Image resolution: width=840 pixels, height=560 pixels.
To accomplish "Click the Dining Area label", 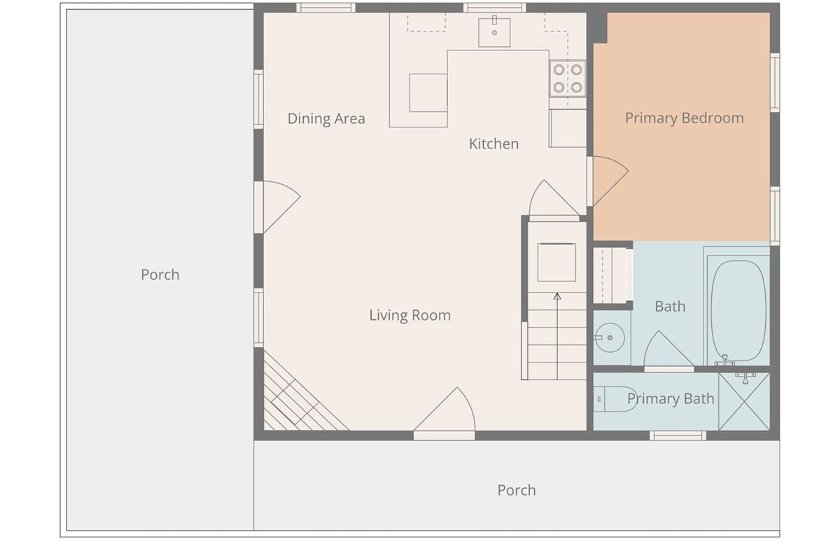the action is click(x=326, y=118).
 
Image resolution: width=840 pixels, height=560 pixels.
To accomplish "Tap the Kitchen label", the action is click(x=494, y=143).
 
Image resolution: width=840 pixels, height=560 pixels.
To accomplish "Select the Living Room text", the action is click(x=410, y=315).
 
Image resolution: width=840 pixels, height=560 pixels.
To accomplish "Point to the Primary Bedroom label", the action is click(x=685, y=118).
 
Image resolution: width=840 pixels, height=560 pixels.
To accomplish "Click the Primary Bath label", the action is click(x=671, y=398).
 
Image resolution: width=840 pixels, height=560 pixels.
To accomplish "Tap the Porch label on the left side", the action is click(x=160, y=274).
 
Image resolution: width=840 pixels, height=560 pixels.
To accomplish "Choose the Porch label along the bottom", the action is click(x=517, y=490).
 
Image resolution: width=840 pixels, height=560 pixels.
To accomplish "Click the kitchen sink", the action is click(x=494, y=32).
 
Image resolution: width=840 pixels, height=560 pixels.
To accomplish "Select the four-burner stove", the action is click(x=568, y=78).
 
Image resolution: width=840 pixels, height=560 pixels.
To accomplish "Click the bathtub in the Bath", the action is click(x=738, y=311).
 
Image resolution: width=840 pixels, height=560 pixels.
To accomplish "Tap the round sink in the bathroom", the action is click(x=610, y=337).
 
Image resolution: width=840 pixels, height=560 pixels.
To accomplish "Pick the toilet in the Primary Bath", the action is click(x=615, y=399).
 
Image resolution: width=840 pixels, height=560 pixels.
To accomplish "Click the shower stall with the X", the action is click(x=744, y=401).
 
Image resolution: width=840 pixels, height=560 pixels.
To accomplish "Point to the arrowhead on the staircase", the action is click(x=557, y=296).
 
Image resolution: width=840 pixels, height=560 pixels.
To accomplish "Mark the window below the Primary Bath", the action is click(x=678, y=435).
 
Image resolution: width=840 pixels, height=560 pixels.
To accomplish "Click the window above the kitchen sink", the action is click(x=495, y=8).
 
